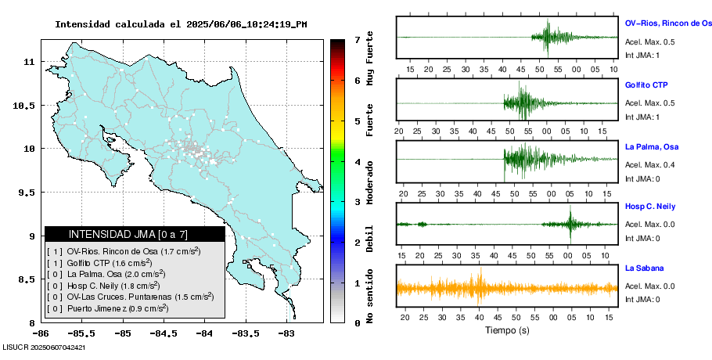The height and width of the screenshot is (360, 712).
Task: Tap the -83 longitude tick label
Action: tap(286, 333)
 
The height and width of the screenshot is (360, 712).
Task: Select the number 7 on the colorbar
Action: tap(357, 39)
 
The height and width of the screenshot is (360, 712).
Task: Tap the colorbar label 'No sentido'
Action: tap(370, 297)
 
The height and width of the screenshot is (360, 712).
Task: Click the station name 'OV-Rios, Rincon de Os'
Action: tap(668, 23)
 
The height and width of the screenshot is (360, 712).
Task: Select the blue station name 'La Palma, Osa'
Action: tap(652, 147)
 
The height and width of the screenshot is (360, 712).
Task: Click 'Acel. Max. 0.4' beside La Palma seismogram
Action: tap(650, 164)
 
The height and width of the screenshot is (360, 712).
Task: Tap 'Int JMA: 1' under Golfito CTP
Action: tap(642, 117)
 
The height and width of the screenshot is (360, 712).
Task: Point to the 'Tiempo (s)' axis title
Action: tap(507, 330)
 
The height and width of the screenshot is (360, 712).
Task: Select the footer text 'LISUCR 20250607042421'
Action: tap(45, 347)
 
